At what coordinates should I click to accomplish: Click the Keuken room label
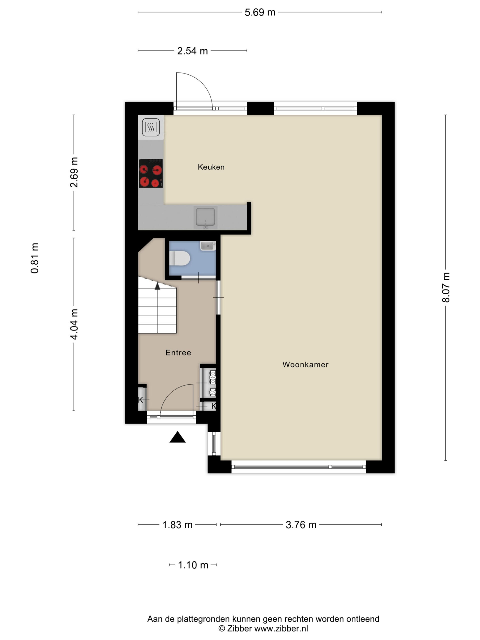[211, 167]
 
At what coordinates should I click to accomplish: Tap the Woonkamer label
[305, 364]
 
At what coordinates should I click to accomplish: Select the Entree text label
[178, 352]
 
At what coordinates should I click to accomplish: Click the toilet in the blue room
[179, 258]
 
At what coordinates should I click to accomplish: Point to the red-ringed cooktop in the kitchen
[150, 173]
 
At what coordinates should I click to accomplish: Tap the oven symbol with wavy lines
[151, 127]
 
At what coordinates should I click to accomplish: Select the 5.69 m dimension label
[260, 12]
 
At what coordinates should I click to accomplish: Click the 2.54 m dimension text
[192, 51]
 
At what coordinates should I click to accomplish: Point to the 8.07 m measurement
[445, 287]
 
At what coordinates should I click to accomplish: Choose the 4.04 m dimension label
[74, 324]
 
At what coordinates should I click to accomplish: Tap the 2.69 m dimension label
[74, 172]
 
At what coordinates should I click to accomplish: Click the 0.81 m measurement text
[34, 258]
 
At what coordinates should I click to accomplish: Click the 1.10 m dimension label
[193, 565]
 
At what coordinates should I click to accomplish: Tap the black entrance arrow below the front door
[177, 437]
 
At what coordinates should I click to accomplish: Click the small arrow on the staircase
[157, 286]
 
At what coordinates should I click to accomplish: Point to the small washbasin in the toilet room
[208, 246]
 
